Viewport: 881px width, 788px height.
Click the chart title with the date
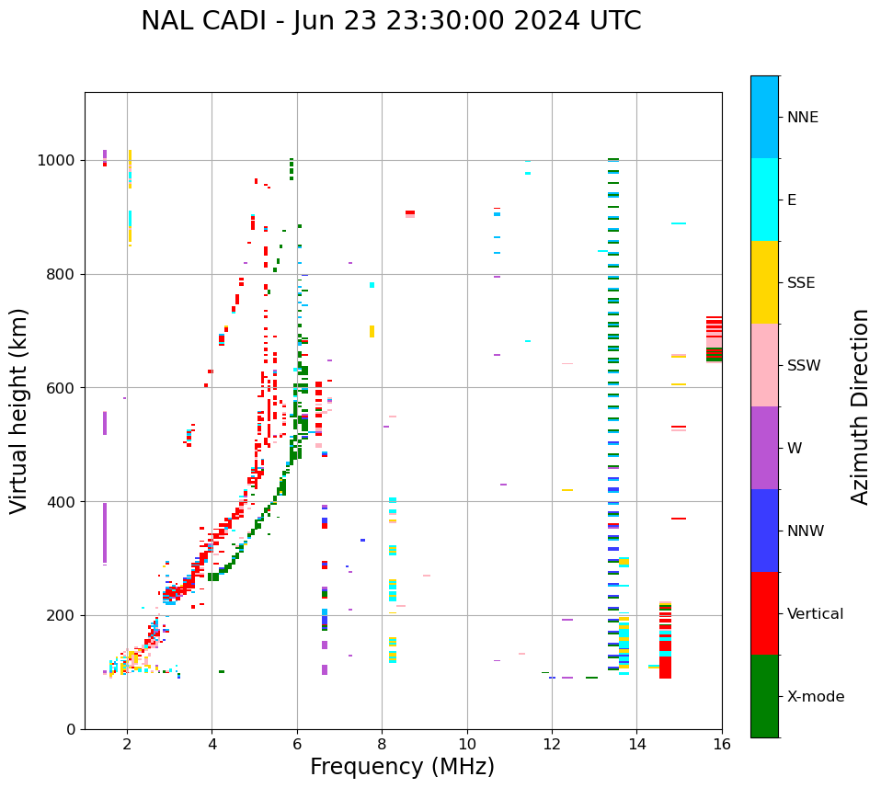pyautogui.click(x=391, y=21)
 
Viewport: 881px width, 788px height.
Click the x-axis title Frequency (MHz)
pyautogui.click(x=402, y=767)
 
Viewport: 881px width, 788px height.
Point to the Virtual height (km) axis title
pyautogui.click(x=19, y=410)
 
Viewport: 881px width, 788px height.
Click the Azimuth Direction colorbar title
pyautogui.click(x=860, y=405)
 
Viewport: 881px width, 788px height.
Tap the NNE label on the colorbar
pyautogui.click(x=802, y=118)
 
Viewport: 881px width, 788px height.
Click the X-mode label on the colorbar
pyautogui.click(x=815, y=697)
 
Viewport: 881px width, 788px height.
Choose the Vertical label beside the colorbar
pyautogui.click(x=815, y=613)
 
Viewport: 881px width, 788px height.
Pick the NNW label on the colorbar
pyautogui.click(x=806, y=531)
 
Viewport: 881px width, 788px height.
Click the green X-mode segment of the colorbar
pyautogui.click(x=764, y=696)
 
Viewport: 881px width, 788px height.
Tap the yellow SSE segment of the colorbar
pyautogui.click(x=764, y=282)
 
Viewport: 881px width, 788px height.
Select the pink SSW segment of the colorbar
pyautogui.click(x=764, y=365)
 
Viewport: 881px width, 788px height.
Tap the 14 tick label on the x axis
pyautogui.click(x=636, y=743)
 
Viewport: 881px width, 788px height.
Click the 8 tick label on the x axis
pyautogui.click(x=382, y=743)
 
